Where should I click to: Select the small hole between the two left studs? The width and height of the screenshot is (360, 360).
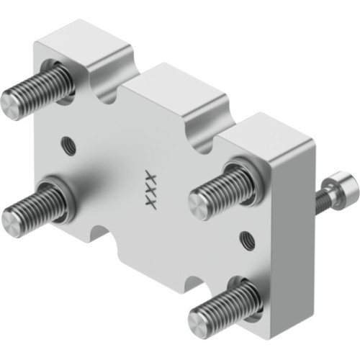click(x=69, y=142)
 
